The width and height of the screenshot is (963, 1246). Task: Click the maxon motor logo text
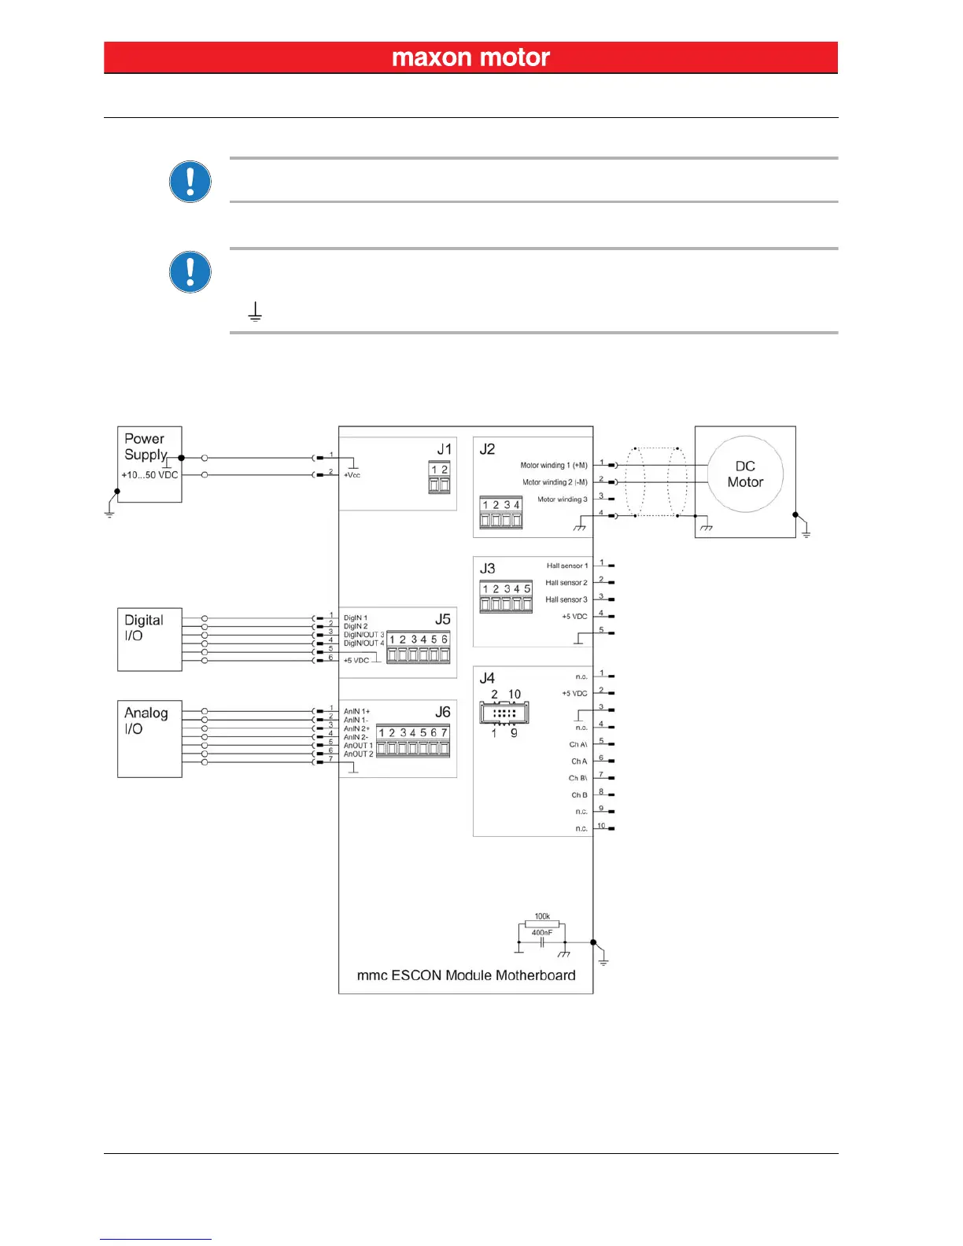[x=470, y=57]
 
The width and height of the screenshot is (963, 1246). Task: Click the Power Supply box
[x=149, y=464]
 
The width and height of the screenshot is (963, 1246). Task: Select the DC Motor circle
[x=745, y=474]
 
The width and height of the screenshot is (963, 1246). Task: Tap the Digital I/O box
[x=149, y=639]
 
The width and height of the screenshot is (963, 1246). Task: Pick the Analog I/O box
[x=149, y=738]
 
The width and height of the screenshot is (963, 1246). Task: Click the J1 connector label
[x=445, y=449]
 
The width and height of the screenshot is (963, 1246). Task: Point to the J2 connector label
[x=488, y=449]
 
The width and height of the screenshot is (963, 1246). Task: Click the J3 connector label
[x=488, y=568]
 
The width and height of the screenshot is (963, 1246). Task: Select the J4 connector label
[x=488, y=677]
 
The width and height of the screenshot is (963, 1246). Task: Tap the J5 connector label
[x=443, y=619]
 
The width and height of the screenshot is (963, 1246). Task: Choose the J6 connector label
[x=443, y=712]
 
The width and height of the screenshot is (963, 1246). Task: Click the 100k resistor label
[x=542, y=916]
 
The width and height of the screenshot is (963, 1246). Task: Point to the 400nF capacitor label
[x=542, y=933]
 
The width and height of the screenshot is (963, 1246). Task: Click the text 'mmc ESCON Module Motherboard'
[x=466, y=975]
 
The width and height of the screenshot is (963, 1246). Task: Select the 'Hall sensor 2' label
[x=566, y=583]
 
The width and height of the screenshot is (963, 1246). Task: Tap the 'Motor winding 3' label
[x=563, y=500]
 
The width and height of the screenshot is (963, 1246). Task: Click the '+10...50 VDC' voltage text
[x=149, y=475]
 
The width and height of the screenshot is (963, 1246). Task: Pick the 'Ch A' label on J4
[x=579, y=761]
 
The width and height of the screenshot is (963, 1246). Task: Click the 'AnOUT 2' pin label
[x=359, y=754]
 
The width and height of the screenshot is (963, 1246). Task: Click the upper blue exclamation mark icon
[x=190, y=182]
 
